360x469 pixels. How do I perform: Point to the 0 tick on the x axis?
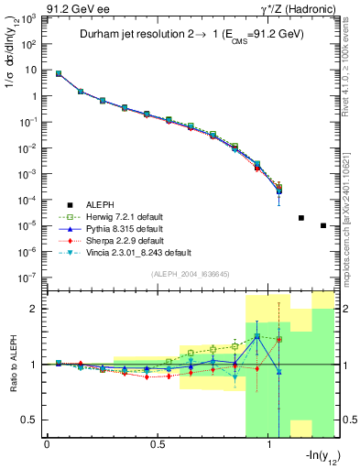click(47, 445)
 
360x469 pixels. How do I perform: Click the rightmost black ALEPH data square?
click(323, 225)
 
